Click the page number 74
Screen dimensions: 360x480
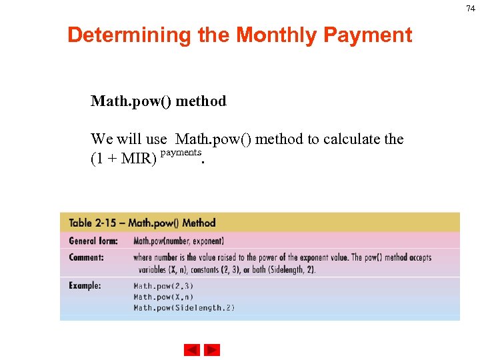point(471,8)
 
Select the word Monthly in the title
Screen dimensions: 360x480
point(274,35)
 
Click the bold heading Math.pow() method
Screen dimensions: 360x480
point(159,101)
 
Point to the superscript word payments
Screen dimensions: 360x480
point(181,153)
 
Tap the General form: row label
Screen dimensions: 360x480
point(93,241)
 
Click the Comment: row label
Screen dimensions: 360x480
point(87,257)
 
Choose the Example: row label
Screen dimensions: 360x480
point(85,285)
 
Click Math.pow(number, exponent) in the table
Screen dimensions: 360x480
point(179,241)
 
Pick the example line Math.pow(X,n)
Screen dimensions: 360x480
point(164,297)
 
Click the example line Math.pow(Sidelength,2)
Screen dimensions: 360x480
point(184,307)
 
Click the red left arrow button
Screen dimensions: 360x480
point(191,350)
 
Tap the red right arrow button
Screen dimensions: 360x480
point(212,350)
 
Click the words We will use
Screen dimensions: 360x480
point(129,139)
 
